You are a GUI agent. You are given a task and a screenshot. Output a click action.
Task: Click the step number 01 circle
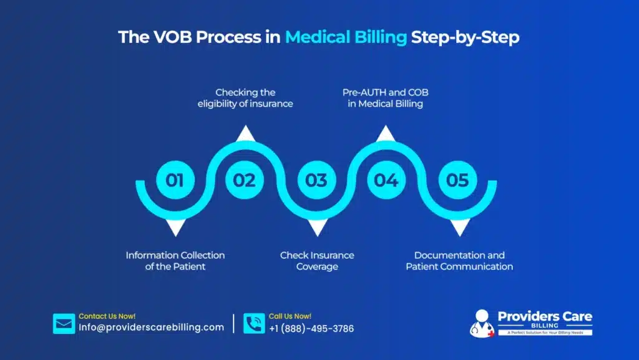(x=175, y=180)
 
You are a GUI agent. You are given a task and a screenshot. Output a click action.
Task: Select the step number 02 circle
(x=245, y=180)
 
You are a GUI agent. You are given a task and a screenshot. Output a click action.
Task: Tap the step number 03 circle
(x=316, y=180)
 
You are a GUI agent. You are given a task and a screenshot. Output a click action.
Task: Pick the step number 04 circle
(x=386, y=180)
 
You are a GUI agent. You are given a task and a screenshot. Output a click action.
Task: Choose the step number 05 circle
(x=457, y=180)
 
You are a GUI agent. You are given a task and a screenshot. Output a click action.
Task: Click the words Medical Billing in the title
(x=346, y=37)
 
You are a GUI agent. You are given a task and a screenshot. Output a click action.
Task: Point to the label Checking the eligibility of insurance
(x=245, y=98)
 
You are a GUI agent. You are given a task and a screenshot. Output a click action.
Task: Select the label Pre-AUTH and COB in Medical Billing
(x=386, y=98)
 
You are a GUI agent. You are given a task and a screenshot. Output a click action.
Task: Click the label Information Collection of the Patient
(x=175, y=261)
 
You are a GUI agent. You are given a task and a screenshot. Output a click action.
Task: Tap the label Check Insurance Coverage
(x=317, y=261)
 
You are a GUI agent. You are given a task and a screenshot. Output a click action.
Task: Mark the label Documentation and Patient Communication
(x=459, y=261)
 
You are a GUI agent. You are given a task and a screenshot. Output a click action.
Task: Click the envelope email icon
(x=64, y=324)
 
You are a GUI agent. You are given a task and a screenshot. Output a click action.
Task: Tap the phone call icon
(x=254, y=324)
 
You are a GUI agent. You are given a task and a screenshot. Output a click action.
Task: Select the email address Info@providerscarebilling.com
(x=151, y=328)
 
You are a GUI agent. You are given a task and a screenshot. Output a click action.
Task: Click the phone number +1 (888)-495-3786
(x=311, y=329)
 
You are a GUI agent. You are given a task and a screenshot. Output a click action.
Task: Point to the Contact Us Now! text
(x=107, y=316)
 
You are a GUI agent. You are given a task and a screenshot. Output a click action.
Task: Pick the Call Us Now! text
(x=290, y=316)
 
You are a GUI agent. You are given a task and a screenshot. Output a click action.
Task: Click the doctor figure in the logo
(x=481, y=323)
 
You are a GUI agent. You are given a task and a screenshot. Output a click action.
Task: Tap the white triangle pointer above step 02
(x=245, y=133)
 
